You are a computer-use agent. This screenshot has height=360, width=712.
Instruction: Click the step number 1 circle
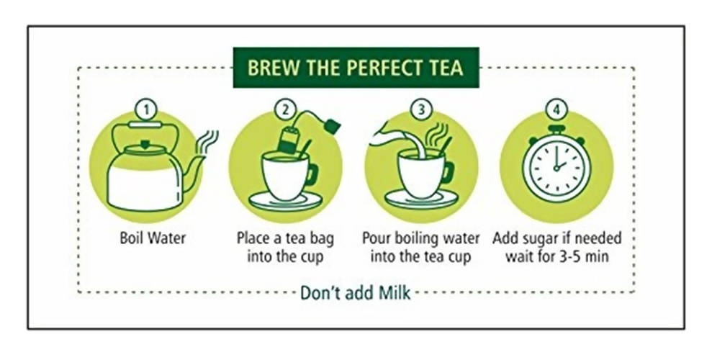tap(146, 110)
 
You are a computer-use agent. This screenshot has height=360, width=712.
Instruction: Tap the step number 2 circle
tap(285, 110)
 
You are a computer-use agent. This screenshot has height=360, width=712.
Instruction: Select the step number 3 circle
tap(421, 110)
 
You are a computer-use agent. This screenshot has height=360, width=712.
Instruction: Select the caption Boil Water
tap(153, 238)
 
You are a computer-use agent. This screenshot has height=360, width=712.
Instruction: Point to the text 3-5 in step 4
tap(564, 256)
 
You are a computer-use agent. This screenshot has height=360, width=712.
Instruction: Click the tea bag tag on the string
tap(332, 125)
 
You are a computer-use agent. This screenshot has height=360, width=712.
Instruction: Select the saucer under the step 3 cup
tap(420, 199)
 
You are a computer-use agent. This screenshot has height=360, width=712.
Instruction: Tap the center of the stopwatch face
tap(556, 168)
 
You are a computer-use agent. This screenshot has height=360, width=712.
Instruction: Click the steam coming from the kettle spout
tap(207, 141)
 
